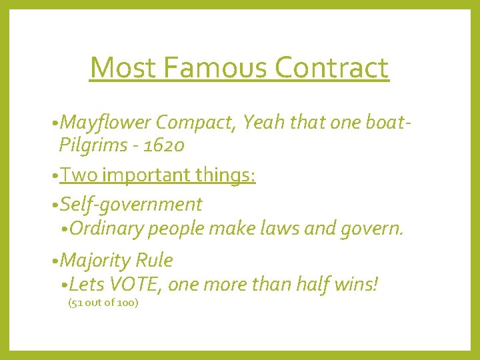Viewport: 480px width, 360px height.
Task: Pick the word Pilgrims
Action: tap(91, 144)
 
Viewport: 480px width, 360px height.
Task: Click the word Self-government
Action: tap(130, 204)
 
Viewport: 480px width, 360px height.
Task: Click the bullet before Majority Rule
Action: tap(54, 261)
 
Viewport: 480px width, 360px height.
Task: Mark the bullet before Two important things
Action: tap(54, 176)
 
